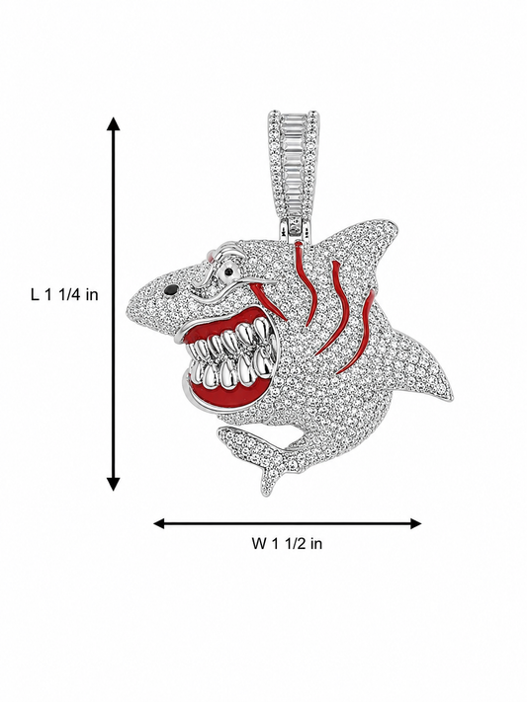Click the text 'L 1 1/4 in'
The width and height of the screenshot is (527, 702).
point(64,294)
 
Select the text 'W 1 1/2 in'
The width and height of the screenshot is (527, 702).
point(287,543)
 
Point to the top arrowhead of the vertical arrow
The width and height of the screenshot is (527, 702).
point(114,123)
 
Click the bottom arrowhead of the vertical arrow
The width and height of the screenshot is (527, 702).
point(114,484)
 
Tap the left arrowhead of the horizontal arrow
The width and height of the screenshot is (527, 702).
point(160,523)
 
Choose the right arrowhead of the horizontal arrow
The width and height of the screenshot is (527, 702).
point(415,523)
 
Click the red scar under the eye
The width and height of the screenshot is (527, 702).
point(269,299)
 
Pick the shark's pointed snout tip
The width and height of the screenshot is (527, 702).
point(130,298)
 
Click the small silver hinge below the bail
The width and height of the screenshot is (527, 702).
point(295,229)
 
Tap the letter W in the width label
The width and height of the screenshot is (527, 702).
point(259,543)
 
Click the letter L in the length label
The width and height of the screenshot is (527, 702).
point(35,294)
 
